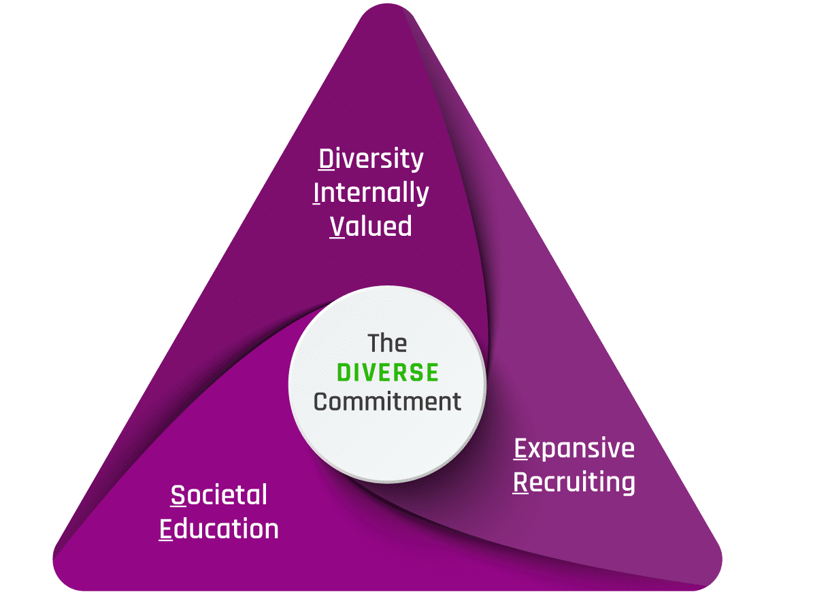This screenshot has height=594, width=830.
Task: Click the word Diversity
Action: pos(371,160)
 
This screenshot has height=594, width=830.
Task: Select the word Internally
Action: pos(371,192)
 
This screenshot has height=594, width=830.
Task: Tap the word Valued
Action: pos(371,226)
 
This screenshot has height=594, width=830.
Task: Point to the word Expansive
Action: pos(574,449)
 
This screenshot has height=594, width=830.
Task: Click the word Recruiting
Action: pos(574,483)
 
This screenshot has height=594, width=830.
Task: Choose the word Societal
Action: pos(218,495)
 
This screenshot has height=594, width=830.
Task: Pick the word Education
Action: pos(218,529)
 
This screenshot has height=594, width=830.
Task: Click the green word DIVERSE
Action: pos(388,372)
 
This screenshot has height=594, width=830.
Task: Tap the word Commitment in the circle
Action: pos(387,402)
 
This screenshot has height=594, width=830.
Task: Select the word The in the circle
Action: pos(387,343)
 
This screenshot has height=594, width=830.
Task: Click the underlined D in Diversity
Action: pos(327,159)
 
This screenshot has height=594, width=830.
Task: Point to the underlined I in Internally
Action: pos(316,193)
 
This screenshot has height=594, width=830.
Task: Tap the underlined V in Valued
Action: pos(337,226)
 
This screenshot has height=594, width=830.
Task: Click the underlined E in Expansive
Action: pos(520,449)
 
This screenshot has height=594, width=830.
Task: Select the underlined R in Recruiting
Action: pos(520,483)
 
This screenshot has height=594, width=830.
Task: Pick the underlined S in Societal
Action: pos(178,495)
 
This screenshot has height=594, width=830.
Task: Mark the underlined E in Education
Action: pos(166,529)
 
